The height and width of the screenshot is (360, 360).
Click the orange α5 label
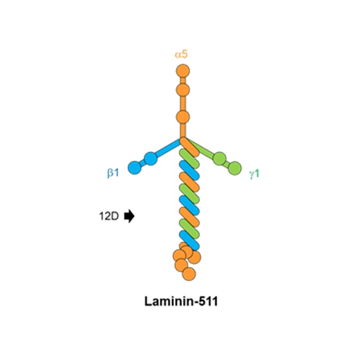point(181,55)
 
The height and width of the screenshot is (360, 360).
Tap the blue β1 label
point(113,172)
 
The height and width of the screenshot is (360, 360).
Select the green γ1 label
point(254,174)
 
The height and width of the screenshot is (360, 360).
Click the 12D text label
point(109,216)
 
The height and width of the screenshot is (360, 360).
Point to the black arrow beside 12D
point(129,216)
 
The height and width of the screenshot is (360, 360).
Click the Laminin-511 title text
point(181,301)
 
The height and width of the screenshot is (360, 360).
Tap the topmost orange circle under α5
point(183,71)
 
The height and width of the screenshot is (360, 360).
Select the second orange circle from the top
point(183,90)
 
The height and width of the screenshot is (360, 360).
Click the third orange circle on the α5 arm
point(183,117)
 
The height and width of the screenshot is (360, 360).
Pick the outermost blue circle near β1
point(135,167)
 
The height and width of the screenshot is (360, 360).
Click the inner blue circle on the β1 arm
point(151,158)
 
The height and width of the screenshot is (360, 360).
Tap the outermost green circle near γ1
point(235,169)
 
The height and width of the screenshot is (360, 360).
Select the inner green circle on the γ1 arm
point(220,158)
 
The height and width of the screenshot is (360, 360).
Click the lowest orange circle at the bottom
point(189,274)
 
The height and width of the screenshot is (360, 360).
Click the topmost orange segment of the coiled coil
point(189,147)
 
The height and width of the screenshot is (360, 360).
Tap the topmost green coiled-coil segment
point(189,158)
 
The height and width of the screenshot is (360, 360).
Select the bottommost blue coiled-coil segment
point(189,241)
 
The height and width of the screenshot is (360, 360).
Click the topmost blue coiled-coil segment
point(189,170)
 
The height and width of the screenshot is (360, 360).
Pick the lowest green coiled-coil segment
point(189,229)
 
